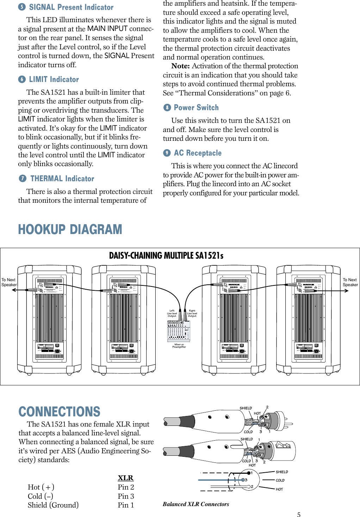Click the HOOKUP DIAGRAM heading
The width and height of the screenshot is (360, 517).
[70, 229]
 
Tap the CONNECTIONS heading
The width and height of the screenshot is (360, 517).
[59, 411]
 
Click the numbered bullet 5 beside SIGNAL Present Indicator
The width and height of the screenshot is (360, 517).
[22, 7]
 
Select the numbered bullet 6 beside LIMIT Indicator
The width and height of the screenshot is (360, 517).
[22, 80]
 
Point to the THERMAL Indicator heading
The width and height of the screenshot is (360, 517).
[62, 179]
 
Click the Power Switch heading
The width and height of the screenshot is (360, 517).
[196, 108]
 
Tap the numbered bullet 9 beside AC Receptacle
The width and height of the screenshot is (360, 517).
[167, 153]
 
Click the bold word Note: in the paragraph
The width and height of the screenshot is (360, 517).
[180, 66]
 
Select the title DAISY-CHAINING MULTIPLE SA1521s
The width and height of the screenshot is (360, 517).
[166, 256]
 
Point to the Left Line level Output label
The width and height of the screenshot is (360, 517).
[172, 313]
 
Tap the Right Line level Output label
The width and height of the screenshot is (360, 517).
[192, 313]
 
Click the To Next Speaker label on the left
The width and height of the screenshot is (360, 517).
[9, 282]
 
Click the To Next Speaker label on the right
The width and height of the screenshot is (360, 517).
[350, 282]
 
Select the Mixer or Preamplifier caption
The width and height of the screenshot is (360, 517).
[179, 346]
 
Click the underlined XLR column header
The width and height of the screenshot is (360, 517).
[125, 478]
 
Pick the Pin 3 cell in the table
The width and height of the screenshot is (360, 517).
[126, 496]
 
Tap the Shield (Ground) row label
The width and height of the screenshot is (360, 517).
[53, 505]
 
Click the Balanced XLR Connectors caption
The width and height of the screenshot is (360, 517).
[196, 504]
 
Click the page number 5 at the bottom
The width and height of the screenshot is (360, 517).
[299, 515]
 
